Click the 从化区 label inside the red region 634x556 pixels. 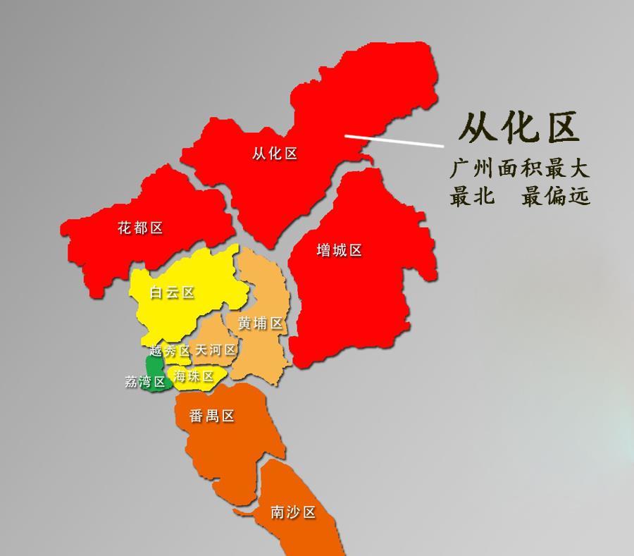[275, 154]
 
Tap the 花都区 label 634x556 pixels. [140, 228]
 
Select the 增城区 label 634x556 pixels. [339, 250]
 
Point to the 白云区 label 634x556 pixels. [172, 292]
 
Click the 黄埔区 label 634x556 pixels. [260, 323]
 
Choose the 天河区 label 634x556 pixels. [215, 350]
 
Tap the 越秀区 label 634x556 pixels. [170, 350]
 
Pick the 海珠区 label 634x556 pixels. [194, 377]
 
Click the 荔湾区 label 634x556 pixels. [145, 382]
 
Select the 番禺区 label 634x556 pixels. [211, 416]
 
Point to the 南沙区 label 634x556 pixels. [293, 512]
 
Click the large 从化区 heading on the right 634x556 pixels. [519, 127]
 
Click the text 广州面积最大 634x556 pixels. [520, 169]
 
